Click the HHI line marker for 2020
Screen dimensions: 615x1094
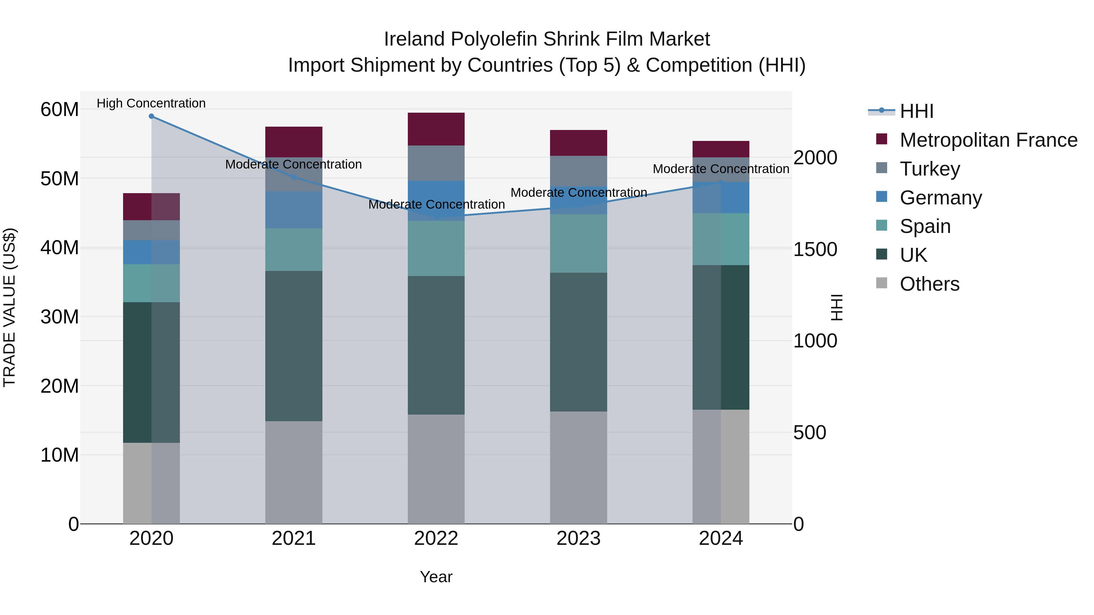click(x=151, y=116)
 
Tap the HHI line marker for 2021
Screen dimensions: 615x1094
click(x=294, y=177)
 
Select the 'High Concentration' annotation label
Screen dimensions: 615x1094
click(x=151, y=103)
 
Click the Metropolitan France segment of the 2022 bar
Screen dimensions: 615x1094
click(x=436, y=129)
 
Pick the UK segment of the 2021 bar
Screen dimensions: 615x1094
click(x=294, y=346)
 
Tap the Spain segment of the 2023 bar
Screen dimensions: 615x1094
click(x=578, y=243)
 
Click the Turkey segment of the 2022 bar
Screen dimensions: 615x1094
click(x=436, y=163)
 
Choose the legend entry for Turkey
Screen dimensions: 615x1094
click(x=930, y=169)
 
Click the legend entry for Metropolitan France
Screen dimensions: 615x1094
click(x=988, y=140)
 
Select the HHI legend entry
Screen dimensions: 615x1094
click(x=917, y=111)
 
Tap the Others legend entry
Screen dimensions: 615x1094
click(x=929, y=284)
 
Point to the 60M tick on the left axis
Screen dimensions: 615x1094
click(x=60, y=110)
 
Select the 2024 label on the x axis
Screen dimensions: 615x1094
click(x=721, y=538)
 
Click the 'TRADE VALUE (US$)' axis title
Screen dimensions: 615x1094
click(x=9, y=307)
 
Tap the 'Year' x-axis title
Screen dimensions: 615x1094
click(x=436, y=577)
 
